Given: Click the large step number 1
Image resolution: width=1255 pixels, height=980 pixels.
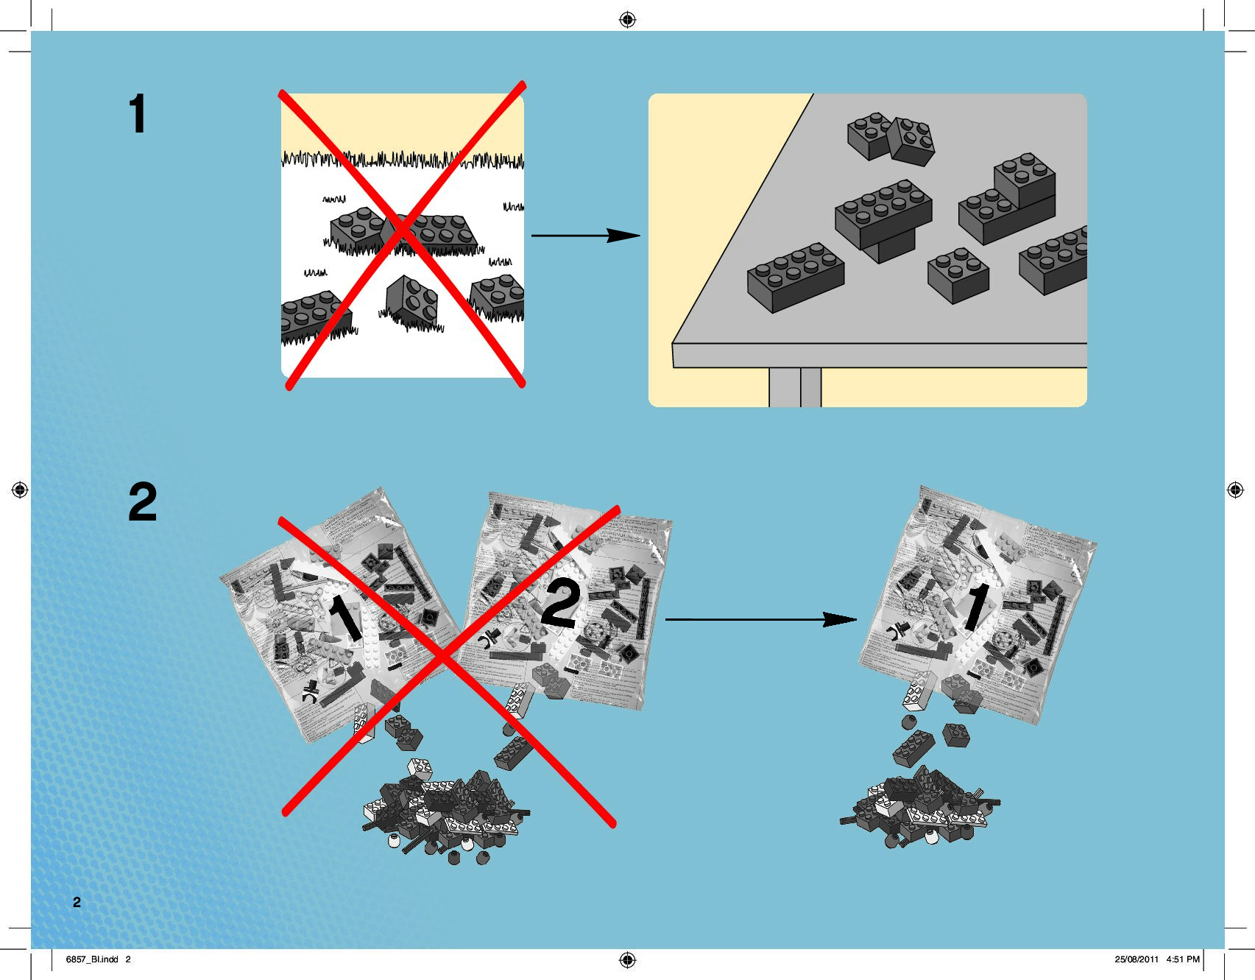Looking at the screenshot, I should (138, 113).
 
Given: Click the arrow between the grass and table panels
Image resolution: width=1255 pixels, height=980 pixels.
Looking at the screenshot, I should (585, 236).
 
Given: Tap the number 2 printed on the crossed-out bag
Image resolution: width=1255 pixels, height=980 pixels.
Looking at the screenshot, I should (561, 603).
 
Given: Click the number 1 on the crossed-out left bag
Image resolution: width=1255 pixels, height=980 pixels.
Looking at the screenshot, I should (344, 617).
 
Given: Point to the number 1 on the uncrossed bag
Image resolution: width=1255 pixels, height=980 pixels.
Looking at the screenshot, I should (977, 607).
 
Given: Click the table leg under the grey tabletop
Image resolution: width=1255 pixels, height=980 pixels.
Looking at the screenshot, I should (795, 387).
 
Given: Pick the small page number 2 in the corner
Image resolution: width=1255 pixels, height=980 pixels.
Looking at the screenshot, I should (77, 902).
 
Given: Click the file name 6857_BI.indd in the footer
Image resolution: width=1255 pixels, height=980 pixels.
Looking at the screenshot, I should (92, 959).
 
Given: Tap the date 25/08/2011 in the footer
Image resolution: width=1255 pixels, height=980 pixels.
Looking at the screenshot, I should (1136, 959).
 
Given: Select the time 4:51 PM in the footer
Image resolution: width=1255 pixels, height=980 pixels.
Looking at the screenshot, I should (1183, 959).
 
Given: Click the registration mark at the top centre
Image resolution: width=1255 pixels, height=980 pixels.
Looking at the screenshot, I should (627, 20).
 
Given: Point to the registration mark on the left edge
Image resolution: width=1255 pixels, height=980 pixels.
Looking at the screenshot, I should (20, 490).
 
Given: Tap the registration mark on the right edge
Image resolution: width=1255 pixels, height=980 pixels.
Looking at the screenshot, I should (1235, 490).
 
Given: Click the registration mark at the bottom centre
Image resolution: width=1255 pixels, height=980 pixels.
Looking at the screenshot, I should (627, 959).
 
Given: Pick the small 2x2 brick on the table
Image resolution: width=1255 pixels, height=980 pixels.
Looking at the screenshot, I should (958, 275).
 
